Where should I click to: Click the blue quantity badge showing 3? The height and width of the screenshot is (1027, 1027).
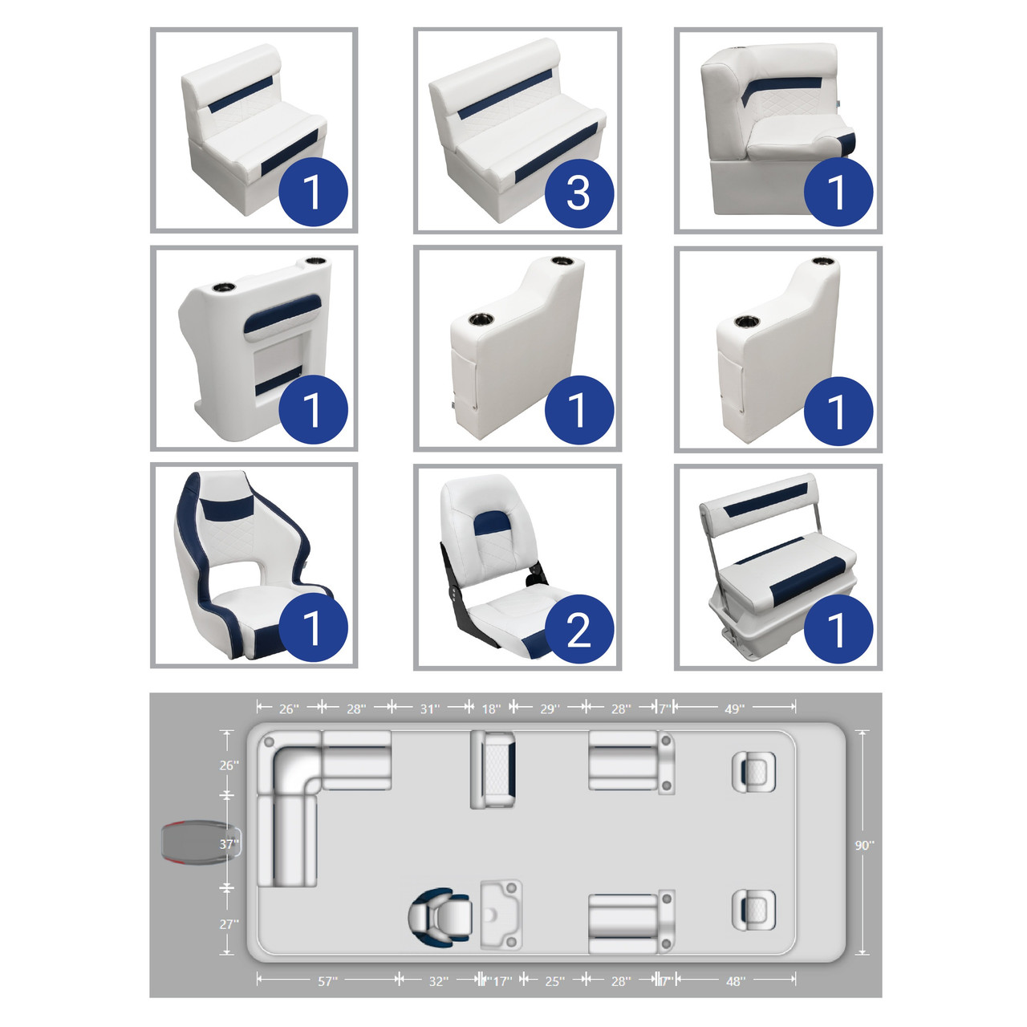point(578,193)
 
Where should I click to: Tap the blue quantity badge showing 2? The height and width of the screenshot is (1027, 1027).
point(578,629)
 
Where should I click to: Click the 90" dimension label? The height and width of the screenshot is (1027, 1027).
point(864,845)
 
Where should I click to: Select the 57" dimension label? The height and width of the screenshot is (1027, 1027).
point(328,981)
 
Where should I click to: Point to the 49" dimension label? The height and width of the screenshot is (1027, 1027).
point(734,708)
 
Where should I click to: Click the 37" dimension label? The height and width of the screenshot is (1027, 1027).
point(229,843)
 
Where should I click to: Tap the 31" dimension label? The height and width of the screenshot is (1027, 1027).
point(429,708)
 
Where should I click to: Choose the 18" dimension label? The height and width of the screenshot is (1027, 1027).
point(491,708)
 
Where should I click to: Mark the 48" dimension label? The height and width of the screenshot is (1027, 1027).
point(736,981)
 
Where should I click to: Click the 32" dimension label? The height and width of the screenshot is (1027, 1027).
point(438,981)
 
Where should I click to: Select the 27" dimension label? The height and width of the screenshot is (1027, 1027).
point(229,924)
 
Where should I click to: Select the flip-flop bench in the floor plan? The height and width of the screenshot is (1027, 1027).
point(493,769)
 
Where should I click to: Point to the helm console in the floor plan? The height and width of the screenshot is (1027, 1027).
point(501,915)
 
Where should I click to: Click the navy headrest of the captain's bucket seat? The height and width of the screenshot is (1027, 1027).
point(229,509)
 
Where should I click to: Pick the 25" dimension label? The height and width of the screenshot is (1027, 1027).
point(554,981)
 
